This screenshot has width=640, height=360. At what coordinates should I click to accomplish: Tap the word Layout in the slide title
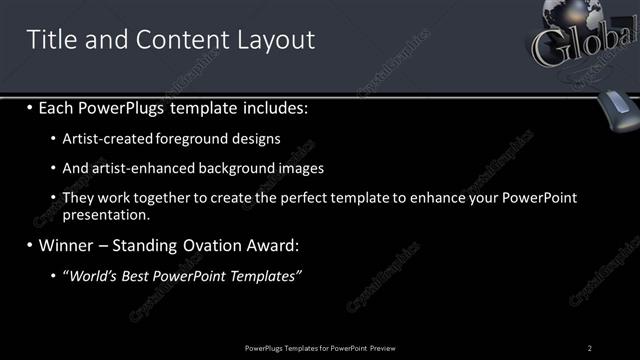(274, 40)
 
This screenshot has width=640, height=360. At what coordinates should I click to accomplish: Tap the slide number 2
(590, 347)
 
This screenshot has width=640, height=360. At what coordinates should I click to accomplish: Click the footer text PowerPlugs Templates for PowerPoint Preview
(320, 347)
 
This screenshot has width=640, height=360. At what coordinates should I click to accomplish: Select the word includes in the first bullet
(273, 106)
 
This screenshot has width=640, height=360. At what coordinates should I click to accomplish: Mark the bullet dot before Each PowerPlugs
(31, 106)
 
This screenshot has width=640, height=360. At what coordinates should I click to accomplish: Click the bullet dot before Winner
(31, 244)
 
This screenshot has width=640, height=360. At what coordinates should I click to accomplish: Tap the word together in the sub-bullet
(167, 198)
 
